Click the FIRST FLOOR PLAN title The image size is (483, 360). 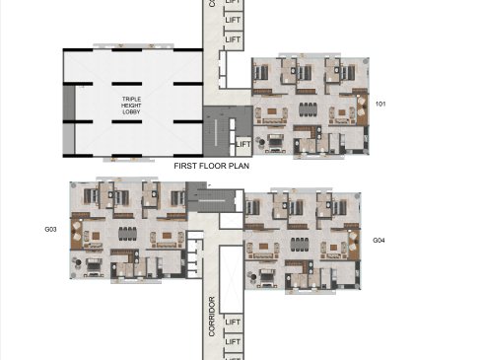(x=211, y=166)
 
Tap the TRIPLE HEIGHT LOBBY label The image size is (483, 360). (x=131, y=106)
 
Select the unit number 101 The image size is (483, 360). (x=380, y=104)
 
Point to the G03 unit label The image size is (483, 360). (x=50, y=230)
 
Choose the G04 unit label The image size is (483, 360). (x=379, y=241)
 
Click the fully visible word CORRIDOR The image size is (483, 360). (x=212, y=317)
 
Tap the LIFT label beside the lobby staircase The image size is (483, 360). (x=243, y=144)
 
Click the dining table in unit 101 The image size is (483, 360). (x=309, y=109)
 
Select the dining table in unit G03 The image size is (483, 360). (x=127, y=234)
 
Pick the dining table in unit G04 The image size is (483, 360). (x=300, y=245)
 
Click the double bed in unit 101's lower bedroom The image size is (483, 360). (x=276, y=142)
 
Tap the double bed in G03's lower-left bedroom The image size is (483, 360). (x=94, y=266)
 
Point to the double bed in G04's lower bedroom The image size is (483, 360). (x=267, y=277)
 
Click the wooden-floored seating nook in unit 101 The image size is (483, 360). (x=362, y=109)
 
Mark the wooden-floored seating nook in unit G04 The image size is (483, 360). (x=354, y=245)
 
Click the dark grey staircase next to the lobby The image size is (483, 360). (x=221, y=131)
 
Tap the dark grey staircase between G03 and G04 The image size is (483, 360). (x=211, y=197)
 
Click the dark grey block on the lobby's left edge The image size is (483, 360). (x=69, y=103)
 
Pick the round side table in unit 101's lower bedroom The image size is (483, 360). (x=262, y=142)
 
